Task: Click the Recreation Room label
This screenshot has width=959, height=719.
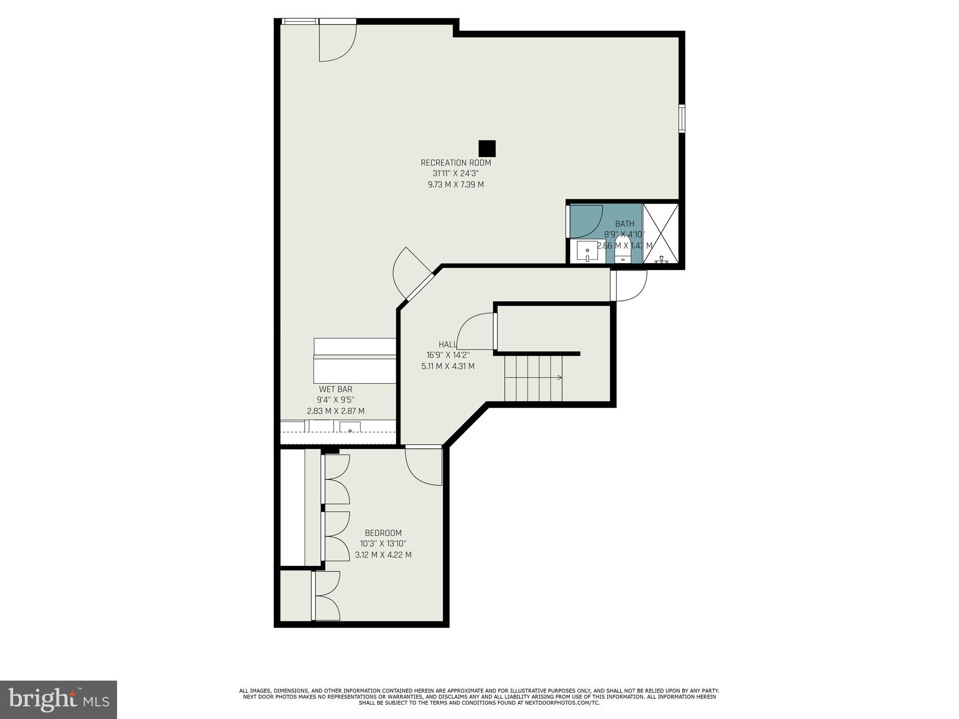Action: pos(456,163)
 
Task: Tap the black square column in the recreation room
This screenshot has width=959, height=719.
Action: pos(487,148)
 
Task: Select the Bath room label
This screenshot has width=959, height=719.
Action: pos(624,224)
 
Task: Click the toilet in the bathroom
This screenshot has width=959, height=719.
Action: pos(623,253)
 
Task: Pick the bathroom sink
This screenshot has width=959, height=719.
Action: pos(587,252)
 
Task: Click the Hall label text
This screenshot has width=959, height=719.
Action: pos(448,345)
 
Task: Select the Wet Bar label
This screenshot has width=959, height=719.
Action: pos(335,389)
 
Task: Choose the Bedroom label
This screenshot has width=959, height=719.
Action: pos(383,533)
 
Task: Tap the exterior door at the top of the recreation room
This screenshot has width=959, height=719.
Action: pos(337,42)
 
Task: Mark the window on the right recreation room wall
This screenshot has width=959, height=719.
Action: pos(682,118)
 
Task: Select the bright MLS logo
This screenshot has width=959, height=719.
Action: pos(58,699)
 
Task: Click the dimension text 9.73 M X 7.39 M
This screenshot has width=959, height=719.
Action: pos(456,184)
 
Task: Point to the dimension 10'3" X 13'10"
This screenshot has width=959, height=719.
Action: pos(383,544)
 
